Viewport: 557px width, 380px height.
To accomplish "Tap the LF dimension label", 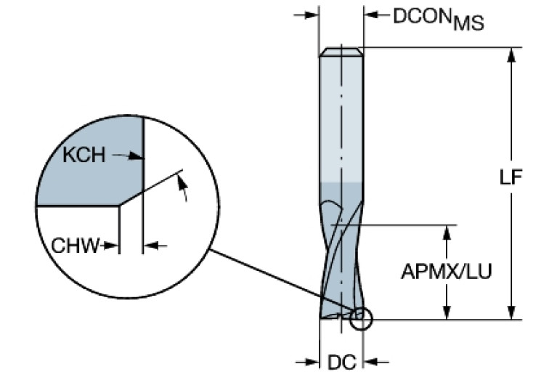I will click(x=513, y=179).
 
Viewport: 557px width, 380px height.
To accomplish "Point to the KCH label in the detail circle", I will click(x=84, y=155).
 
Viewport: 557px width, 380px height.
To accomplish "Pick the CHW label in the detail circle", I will click(x=75, y=246).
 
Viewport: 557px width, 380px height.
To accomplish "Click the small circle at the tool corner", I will click(x=360, y=318).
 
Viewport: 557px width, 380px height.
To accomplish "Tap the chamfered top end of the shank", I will click(x=341, y=52).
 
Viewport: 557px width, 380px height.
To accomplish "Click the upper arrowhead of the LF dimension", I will click(x=513, y=54).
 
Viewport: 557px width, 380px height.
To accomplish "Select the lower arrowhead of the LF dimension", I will click(x=513, y=312).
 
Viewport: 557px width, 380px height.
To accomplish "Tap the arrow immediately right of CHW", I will click(x=110, y=246).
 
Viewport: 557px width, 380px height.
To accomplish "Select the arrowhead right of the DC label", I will click(x=370, y=362).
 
